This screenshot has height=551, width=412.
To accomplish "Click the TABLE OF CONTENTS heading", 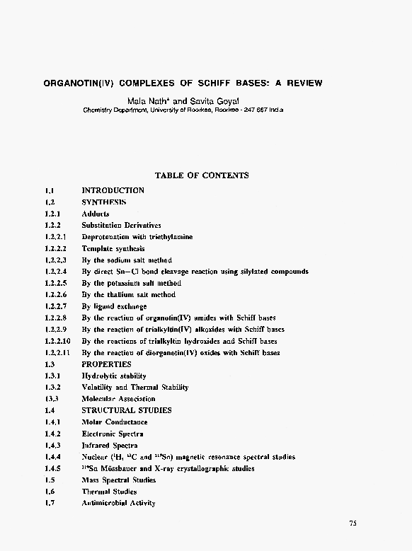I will coord(202,175).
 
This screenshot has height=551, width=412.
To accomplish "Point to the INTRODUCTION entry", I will coord(113,190).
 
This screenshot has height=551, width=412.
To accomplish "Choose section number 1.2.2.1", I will coord(55,237).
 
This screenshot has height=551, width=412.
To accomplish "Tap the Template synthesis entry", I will coord(113,249).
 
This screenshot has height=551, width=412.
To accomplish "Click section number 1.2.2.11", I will coord(57,352).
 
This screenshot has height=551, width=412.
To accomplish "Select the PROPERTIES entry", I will coord(106,364).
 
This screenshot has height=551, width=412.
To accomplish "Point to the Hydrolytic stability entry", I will coord(114,376).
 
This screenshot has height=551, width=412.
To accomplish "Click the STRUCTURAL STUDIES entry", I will coord(127,410).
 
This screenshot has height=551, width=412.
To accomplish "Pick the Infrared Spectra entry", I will coord(110,446).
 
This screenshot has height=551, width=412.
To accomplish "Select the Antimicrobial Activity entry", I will coord(118,503).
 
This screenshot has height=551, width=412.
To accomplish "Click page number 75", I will coord(353,523).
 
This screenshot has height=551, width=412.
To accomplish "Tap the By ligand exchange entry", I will coord(114,306).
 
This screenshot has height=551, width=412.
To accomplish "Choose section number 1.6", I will coord(50,492).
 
